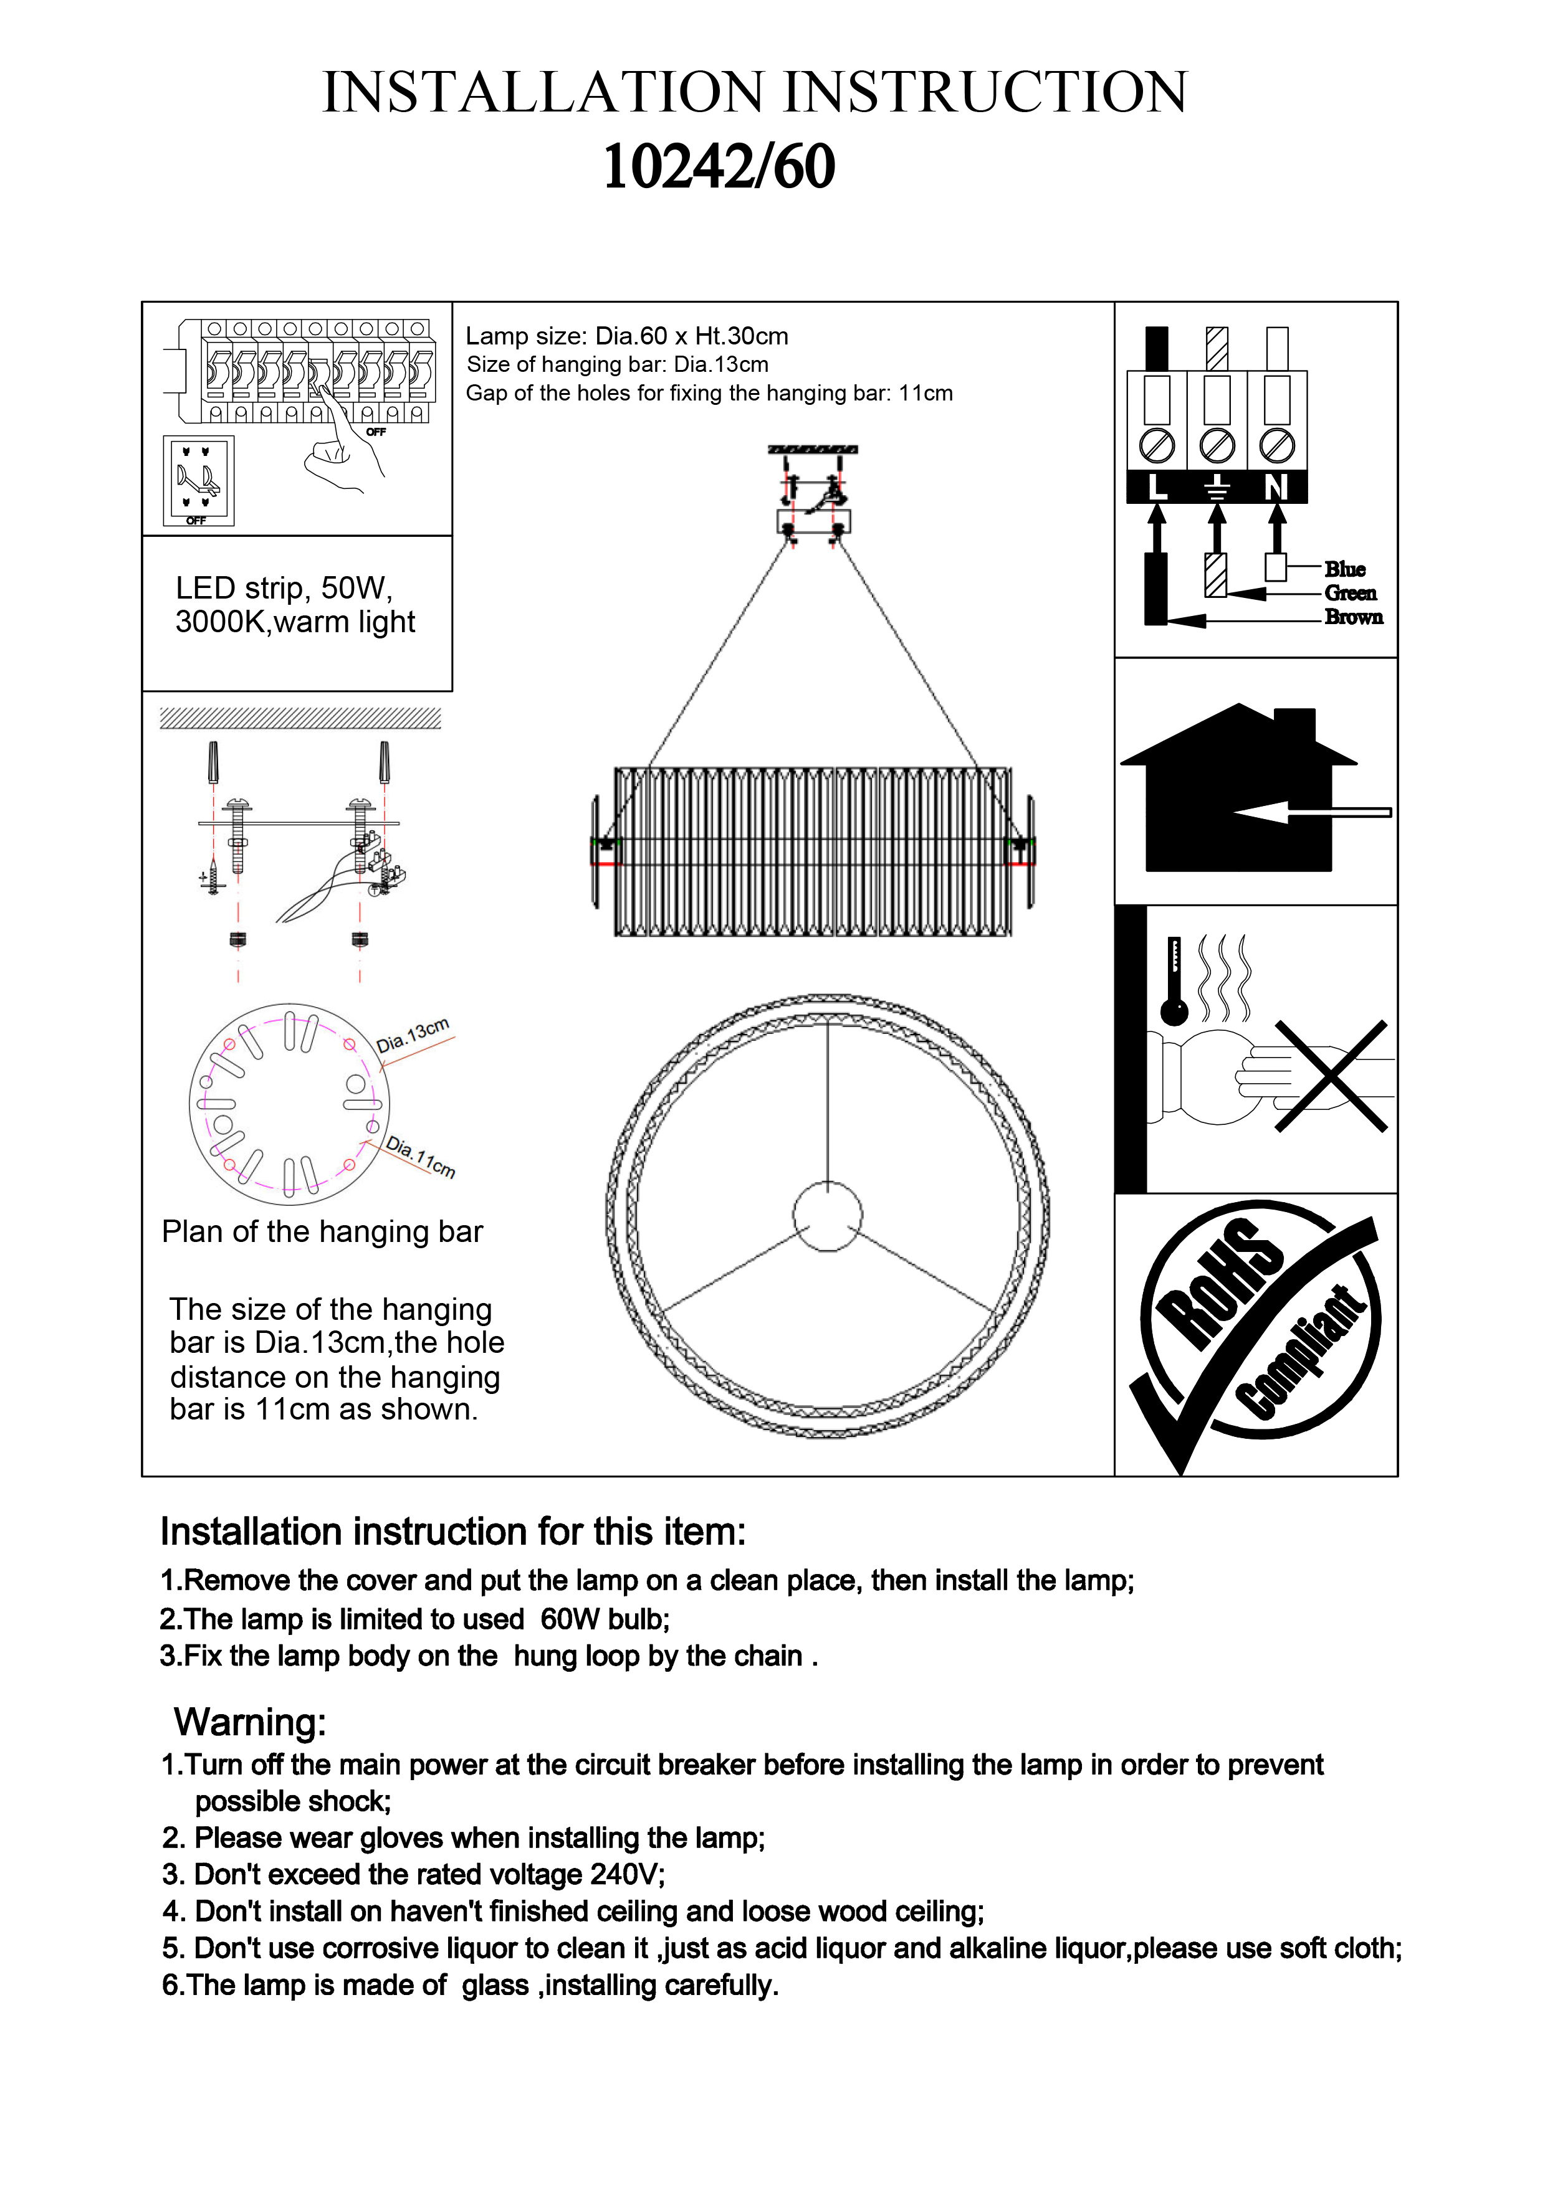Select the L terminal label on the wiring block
coord(1157,487)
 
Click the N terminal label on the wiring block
coord(1276,487)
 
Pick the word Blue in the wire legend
coord(1344,569)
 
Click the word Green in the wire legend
coord(1350,593)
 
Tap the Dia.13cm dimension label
coord(412,1035)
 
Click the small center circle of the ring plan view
coord(827,1216)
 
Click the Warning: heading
coord(249,1722)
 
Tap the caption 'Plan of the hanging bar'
coord(322,1231)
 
